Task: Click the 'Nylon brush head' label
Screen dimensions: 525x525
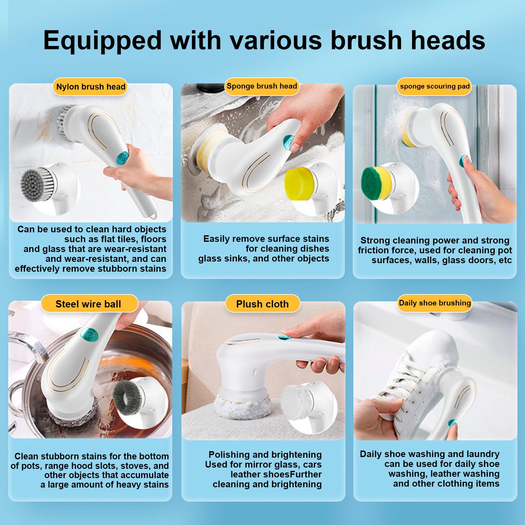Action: (91, 87)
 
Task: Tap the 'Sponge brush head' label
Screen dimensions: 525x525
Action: (262, 86)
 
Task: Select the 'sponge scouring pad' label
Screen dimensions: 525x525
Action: (434, 86)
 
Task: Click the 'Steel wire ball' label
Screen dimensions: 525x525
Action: (89, 304)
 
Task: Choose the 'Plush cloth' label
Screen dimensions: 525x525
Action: (262, 304)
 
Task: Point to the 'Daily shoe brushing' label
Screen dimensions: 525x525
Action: (435, 303)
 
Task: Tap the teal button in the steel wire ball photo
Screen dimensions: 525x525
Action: (89, 335)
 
